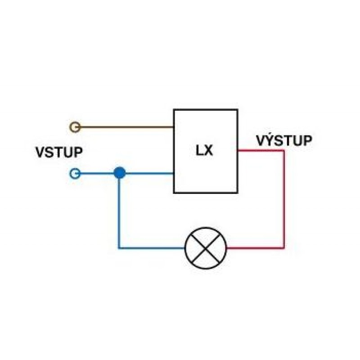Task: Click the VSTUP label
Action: coord(59,152)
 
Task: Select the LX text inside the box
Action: coord(204,151)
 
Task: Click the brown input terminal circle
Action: coord(75,127)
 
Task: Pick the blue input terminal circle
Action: coord(75,174)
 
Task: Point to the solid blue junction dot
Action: coord(120,173)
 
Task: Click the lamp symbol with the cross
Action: coord(206,248)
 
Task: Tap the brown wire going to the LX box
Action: coord(127,127)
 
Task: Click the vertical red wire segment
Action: coord(284,199)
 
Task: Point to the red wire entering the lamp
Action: coord(255,248)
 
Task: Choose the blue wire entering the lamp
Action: coord(152,248)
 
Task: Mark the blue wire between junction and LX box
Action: coord(149,173)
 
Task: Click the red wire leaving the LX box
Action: coord(261,151)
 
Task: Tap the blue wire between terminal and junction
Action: coord(97,174)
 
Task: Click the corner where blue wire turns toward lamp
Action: coord(119,248)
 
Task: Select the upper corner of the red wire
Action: coord(284,151)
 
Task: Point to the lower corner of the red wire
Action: coord(284,248)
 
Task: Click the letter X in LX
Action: coord(208,151)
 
